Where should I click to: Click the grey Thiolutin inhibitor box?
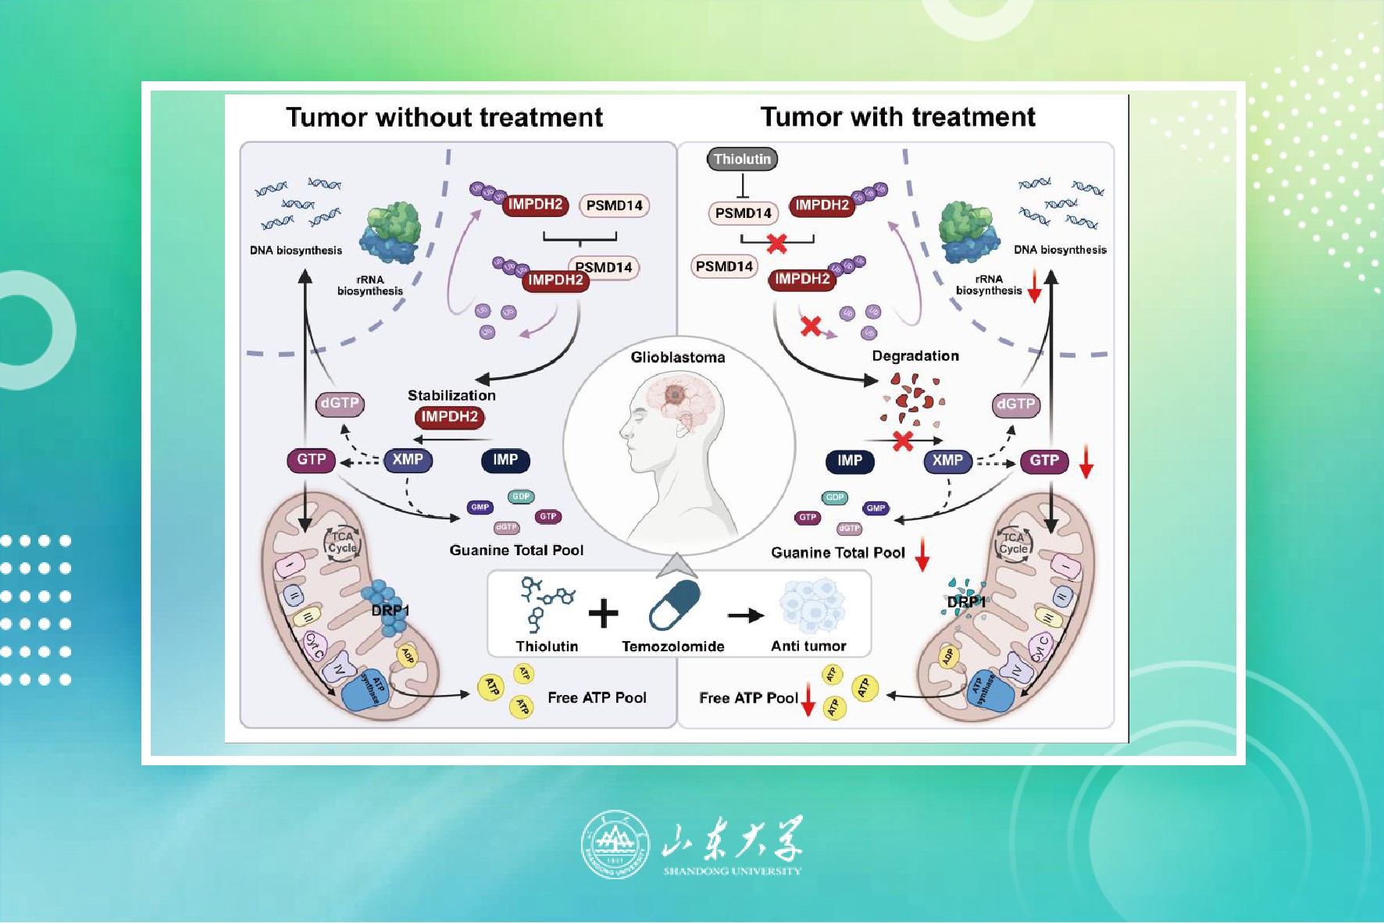coord(742,159)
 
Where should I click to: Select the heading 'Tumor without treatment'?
coord(444,117)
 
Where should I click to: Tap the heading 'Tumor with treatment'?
coord(897,117)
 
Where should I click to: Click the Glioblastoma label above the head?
coord(677,358)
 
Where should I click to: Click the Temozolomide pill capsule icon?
coord(675,605)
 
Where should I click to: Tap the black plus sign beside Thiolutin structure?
coord(603,613)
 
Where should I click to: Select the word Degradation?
coord(915,356)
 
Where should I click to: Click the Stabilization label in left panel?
coord(451,395)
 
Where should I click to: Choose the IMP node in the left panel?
coord(505,460)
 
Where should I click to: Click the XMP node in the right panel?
coord(947,461)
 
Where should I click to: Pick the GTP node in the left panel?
coord(311,460)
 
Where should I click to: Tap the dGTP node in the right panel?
coord(1015,404)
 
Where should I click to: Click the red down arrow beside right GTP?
coord(1086,461)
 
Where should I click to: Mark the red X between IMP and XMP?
coord(903,441)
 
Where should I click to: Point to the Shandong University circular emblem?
coord(615,844)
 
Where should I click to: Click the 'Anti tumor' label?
coord(808,647)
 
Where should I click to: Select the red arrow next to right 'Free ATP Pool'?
coord(808,699)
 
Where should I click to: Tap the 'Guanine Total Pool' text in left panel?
coord(516,551)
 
